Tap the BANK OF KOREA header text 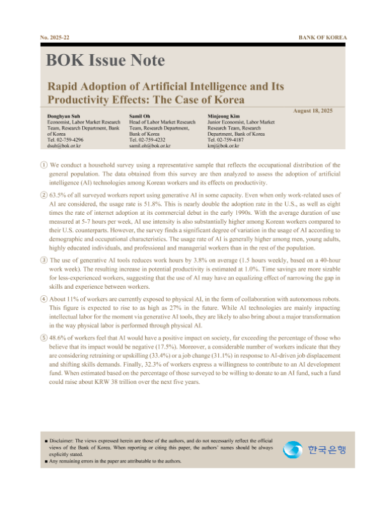(323, 38)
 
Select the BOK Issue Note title (105, 61)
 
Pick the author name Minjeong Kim (224, 116)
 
